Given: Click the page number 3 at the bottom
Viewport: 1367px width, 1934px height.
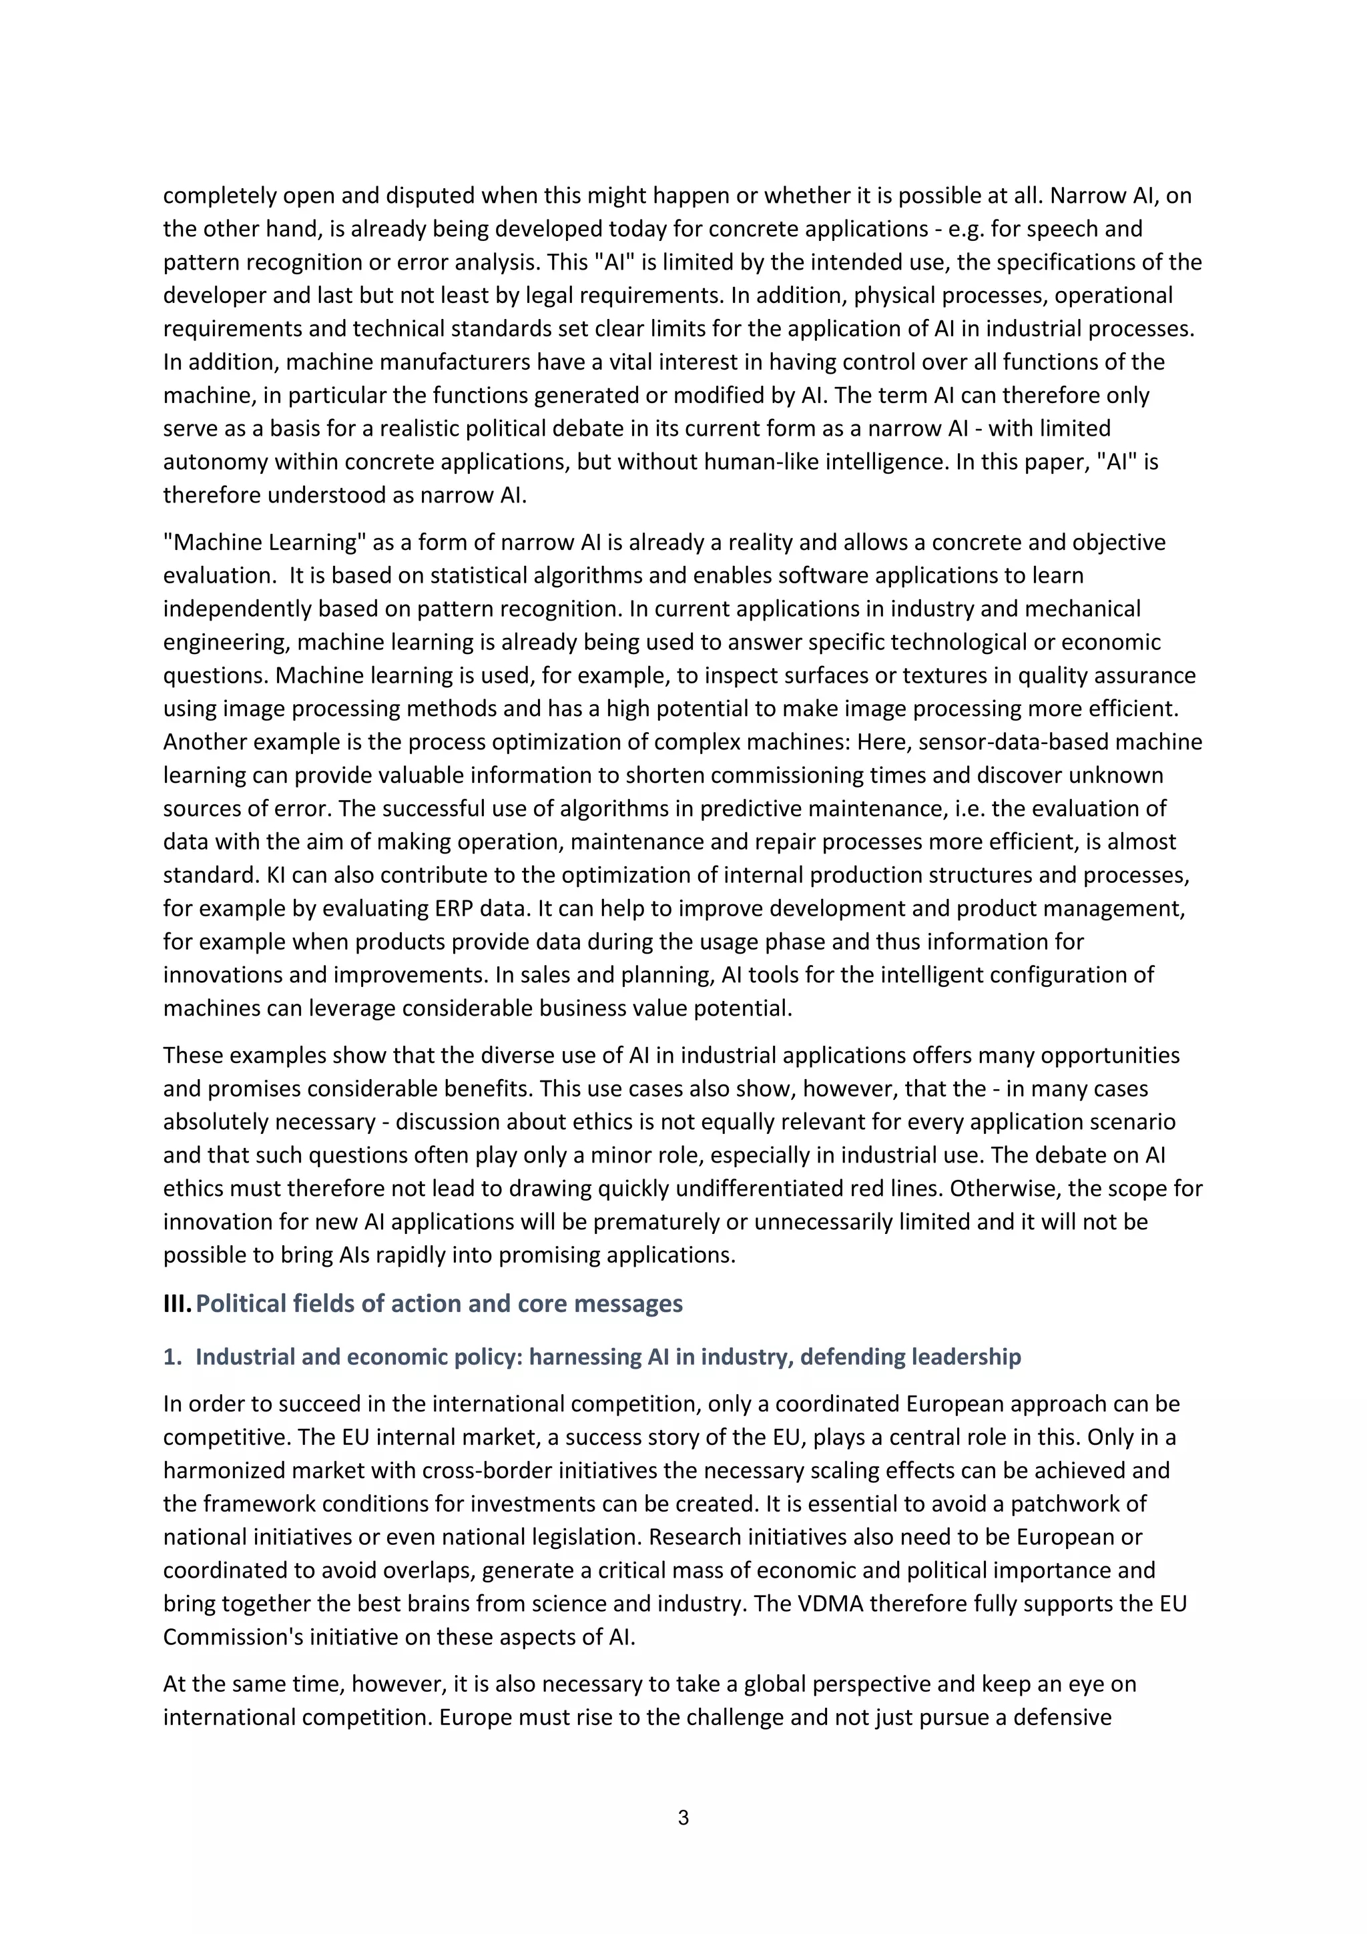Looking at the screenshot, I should [683, 1818].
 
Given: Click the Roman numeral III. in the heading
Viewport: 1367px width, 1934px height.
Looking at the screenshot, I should [177, 1303].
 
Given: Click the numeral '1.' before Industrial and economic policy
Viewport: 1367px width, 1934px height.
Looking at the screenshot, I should [172, 1356].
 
